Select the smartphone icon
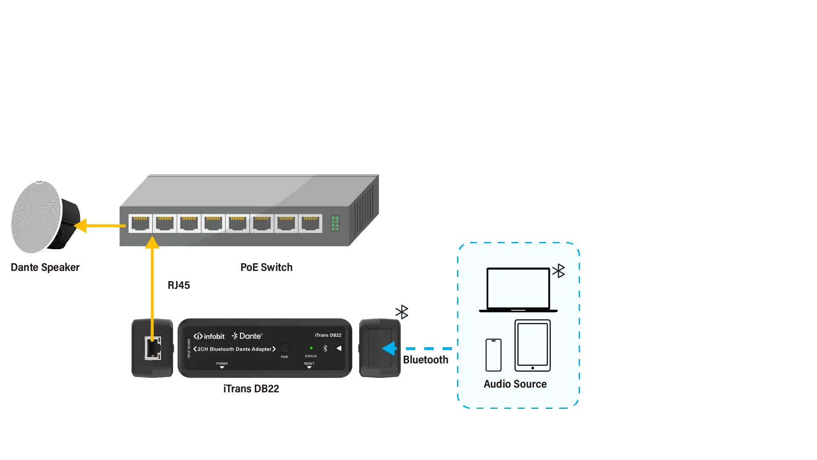494,355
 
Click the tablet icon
532,345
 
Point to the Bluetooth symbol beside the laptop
559,271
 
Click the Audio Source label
515,384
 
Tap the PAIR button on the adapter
285,348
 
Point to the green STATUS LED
311,348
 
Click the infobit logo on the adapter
209,336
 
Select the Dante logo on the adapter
247,336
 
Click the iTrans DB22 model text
328,335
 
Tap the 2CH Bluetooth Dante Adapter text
234,349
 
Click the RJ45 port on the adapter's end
153,348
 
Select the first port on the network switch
140,223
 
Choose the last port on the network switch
310,223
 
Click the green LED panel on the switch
335,223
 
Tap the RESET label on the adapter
309,364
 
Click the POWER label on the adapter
222,364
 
